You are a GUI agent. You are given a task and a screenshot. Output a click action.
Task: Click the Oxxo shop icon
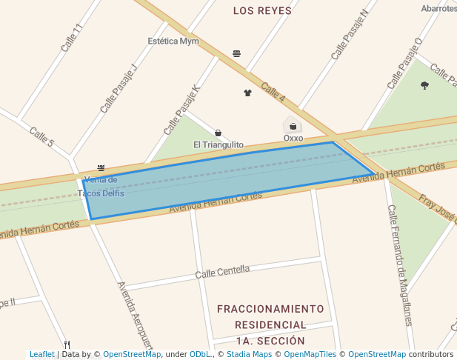pos(293,126)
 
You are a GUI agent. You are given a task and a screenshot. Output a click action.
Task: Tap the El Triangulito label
pos(219,144)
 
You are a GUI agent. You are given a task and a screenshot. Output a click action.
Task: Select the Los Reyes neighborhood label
pos(262,11)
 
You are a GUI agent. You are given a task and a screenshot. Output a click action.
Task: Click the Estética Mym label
pos(173,41)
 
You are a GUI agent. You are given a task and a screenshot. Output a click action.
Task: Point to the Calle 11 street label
pos(72,38)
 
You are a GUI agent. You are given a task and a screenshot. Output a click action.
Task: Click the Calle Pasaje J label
pos(119,87)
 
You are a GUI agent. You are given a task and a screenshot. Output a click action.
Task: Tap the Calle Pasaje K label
pos(182,109)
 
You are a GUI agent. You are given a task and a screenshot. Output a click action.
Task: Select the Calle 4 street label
pos(273,93)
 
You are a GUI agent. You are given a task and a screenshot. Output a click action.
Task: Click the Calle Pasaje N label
pos(350,35)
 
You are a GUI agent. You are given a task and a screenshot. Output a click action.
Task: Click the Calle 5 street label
pos(41,136)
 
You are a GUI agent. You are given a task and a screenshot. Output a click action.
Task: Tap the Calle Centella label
pos(222,272)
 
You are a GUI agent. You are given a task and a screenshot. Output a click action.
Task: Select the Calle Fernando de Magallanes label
pos(399,265)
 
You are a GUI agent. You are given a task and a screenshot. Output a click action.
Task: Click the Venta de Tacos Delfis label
pos(101,186)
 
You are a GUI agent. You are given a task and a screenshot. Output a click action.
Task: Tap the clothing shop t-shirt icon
pos(247,93)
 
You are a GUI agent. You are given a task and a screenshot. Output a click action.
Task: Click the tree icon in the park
pos(424,85)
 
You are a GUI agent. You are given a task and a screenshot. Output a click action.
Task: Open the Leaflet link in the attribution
pos(42,354)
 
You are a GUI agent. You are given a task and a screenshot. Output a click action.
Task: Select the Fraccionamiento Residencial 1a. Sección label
pos(270,324)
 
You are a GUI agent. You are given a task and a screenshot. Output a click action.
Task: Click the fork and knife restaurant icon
pos(67,344)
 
